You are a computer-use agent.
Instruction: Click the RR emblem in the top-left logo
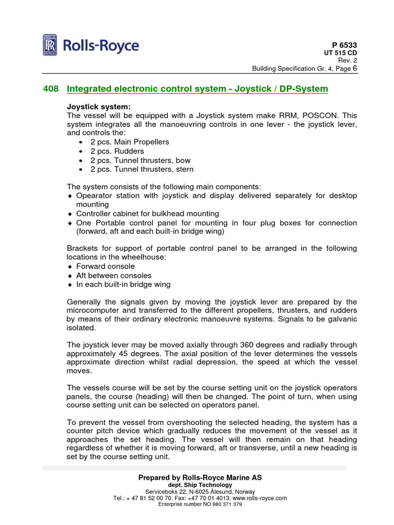pos(50,46)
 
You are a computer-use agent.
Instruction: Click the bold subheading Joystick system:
pos(98,107)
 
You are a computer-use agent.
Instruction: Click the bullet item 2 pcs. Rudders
pos(117,151)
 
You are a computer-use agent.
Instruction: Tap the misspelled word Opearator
pos(96,195)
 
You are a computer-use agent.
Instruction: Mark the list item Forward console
pos(106,266)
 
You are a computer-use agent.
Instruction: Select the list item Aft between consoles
pos(114,275)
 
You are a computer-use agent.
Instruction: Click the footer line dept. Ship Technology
pos(200,484)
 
